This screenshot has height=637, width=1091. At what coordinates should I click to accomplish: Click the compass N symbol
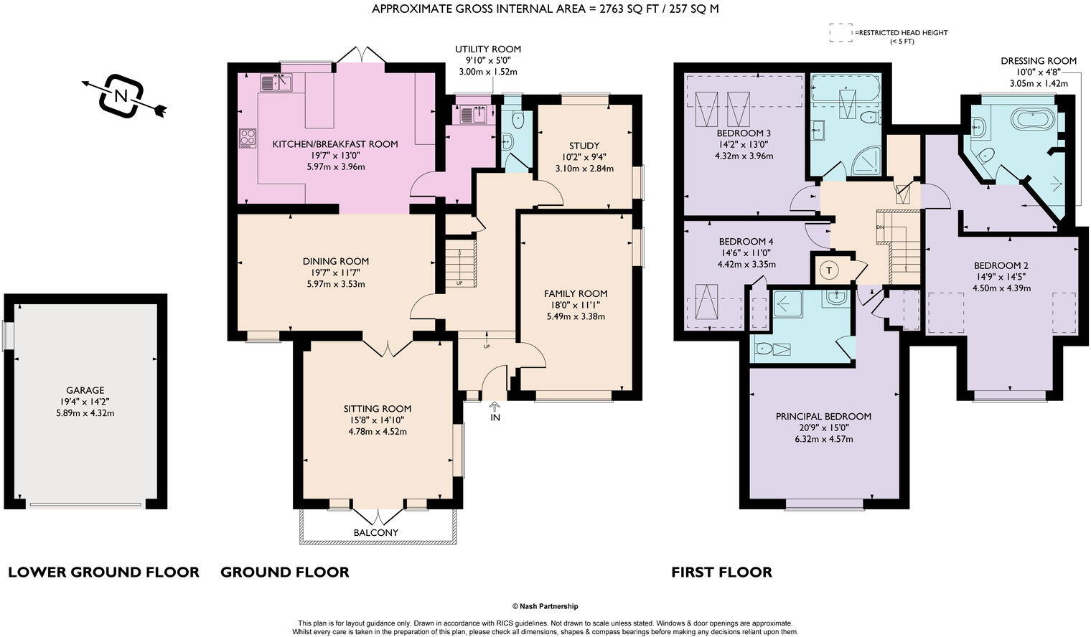pyautogui.click(x=122, y=96)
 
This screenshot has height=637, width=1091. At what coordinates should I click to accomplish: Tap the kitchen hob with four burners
pyautogui.click(x=248, y=138)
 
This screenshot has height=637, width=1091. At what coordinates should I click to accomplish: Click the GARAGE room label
pyautogui.click(x=85, y=390)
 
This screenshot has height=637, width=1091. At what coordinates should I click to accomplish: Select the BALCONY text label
pyautogui.click(x=376, y=532)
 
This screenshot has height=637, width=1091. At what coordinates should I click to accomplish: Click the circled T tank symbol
pyautogui.click(x=830, y=270)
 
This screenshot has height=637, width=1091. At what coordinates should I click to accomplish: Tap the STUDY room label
pyautogui.click(x=584, y=146)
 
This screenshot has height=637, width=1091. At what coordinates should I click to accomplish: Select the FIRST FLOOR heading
pyautogui.click(x=721, y=572)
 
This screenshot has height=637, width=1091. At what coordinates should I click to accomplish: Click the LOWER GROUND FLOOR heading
pyautogui.click(x=103, y=572)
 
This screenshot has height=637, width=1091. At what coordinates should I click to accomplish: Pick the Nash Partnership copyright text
pyautogui.click(x=545, y=606)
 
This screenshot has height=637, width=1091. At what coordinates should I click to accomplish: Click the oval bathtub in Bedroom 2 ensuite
pyautogui.click(x=1033, y=119)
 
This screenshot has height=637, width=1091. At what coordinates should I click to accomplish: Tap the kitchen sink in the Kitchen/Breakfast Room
pyautogui.click(x=276, y=82)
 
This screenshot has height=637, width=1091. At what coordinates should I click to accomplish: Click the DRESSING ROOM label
pyautogui.click(x=1039, y=61)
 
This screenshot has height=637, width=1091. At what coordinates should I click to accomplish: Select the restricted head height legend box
pyautogui.click(x=841, y=32)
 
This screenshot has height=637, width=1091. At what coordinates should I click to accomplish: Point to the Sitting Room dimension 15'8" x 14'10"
pyautogui.click(x=378, y=420)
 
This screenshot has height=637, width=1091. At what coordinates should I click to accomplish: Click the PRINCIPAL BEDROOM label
pyautogui.click(x=823, y=416)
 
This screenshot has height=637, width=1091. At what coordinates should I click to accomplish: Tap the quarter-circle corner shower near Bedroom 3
pyautogui.click(x=867, y=161)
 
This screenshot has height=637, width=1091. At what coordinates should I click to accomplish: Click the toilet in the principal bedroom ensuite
pyautogui.click(x=764, y=349)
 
